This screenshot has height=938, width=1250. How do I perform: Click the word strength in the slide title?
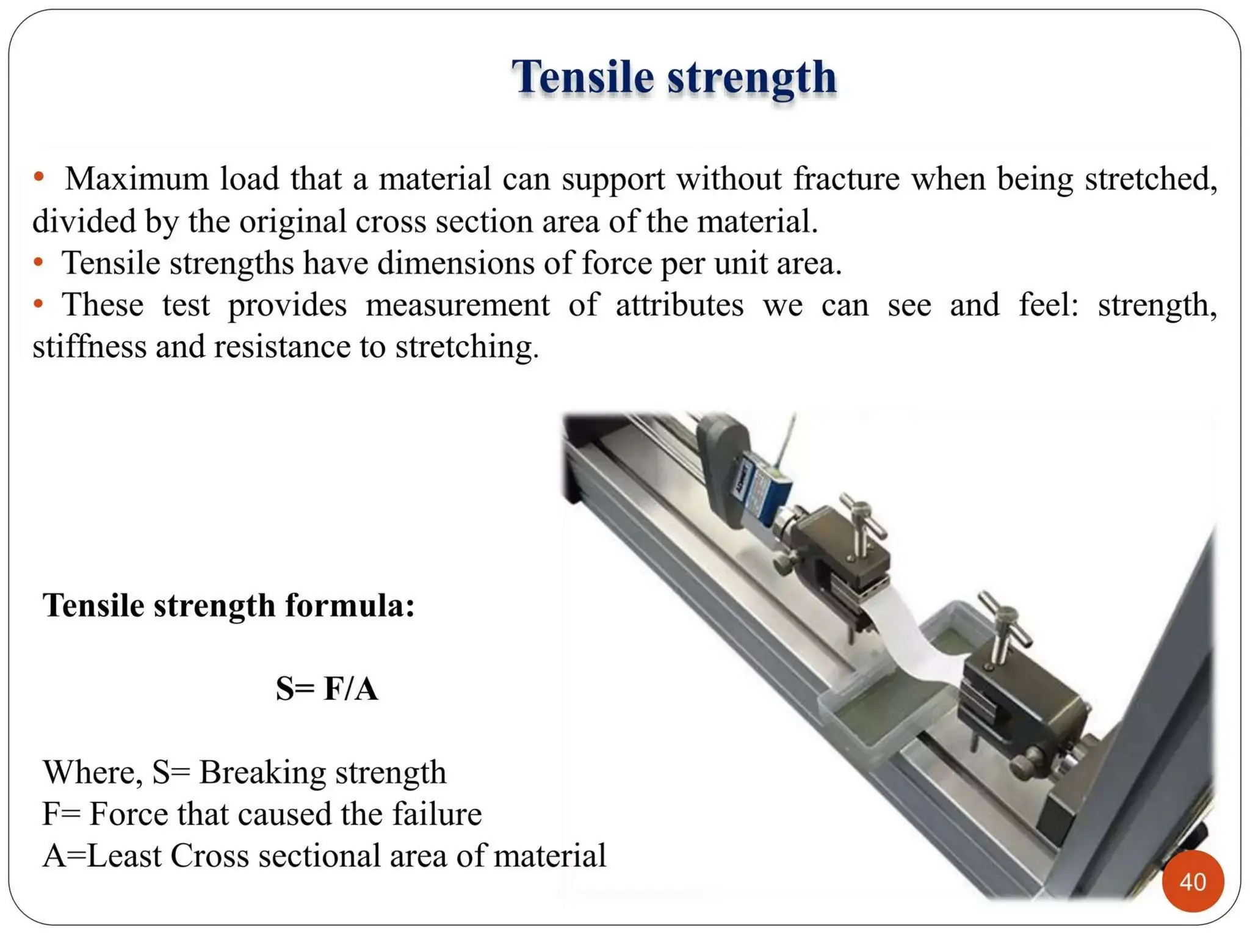tap(752, 78)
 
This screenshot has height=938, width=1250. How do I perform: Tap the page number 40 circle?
tap(1193, 881)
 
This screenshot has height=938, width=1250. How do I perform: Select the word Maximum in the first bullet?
tap(137, 179)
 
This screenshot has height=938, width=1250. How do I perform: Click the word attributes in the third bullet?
tap(679, 305)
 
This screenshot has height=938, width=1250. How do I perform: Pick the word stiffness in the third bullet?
tap(89, 347)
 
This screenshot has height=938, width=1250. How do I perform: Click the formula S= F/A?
tap(327, 688)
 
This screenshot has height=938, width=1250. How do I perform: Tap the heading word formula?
tap(350, 606)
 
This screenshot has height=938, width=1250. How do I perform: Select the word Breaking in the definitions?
tap(262, 772)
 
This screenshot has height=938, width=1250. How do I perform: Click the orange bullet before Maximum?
tap(39, 177)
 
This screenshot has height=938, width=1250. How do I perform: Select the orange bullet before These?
tap(38, 303)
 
